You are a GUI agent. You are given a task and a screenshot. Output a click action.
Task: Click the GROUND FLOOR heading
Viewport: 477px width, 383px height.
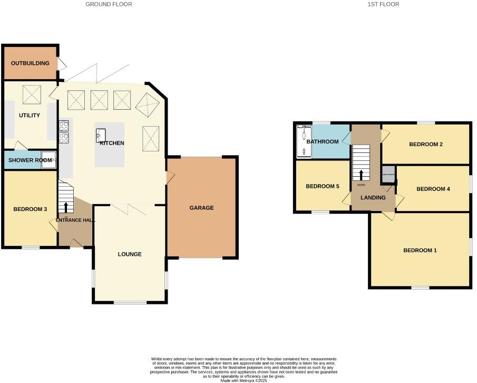109,4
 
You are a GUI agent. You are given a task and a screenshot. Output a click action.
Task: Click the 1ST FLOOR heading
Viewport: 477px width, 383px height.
383,4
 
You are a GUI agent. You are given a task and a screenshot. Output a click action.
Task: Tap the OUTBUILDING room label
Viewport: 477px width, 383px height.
31,63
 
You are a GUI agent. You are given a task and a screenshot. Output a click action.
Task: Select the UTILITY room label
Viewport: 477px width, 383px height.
30,116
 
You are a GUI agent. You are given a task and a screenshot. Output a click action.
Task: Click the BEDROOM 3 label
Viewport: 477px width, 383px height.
30,209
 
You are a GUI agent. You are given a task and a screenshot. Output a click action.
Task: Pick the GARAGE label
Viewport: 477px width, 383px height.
201,208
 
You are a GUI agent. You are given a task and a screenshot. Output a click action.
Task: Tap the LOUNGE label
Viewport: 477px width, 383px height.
130,254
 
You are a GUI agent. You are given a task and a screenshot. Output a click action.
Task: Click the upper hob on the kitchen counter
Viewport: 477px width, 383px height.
63,126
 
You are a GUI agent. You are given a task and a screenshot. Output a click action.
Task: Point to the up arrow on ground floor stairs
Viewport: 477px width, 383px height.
66,207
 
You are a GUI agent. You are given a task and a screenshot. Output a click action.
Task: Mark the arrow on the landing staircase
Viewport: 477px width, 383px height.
361,175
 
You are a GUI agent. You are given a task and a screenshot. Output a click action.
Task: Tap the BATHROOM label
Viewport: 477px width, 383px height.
323,141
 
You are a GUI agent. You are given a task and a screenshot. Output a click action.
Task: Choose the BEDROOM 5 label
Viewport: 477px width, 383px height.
323,186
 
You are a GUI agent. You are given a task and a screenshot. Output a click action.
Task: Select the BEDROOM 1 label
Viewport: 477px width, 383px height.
420,251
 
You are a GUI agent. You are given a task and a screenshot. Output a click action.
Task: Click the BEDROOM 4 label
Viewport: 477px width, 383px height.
433,189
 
